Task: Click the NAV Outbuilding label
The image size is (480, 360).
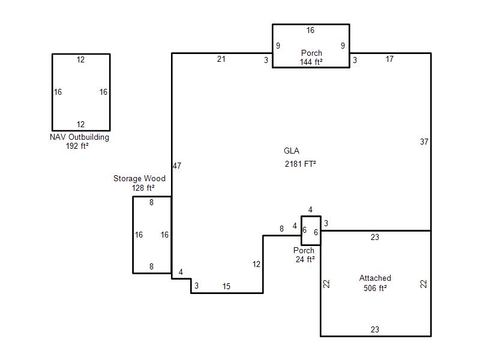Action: click(79, 137)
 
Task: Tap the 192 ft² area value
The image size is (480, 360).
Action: click(77, 146)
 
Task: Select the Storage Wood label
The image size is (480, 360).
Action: click(139, 178)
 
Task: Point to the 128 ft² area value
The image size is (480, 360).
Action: click(143, 188)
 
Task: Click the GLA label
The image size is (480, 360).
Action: click(292, 151)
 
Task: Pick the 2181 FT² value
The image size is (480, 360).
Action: click(301, 164)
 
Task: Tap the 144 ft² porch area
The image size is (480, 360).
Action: click(311, 62)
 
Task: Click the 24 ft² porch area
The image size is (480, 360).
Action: click(305, 259)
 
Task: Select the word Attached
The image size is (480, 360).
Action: click(375, 278)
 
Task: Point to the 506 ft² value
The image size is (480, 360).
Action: click(375, 288)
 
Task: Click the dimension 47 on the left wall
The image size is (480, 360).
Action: click(177, 166)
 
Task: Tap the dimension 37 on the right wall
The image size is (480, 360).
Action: click(424, 142)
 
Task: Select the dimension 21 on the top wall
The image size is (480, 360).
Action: click(221, 59)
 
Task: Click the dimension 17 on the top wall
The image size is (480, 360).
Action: click(389, 59)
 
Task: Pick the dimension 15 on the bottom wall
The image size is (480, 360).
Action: click(226, 286)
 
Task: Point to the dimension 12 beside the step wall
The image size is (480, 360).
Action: click(256, 264)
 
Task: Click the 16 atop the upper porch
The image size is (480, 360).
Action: click(310, 30)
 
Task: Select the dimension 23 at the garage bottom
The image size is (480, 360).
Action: click(375, 329)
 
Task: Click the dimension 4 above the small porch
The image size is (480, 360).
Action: click(310, 209)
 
